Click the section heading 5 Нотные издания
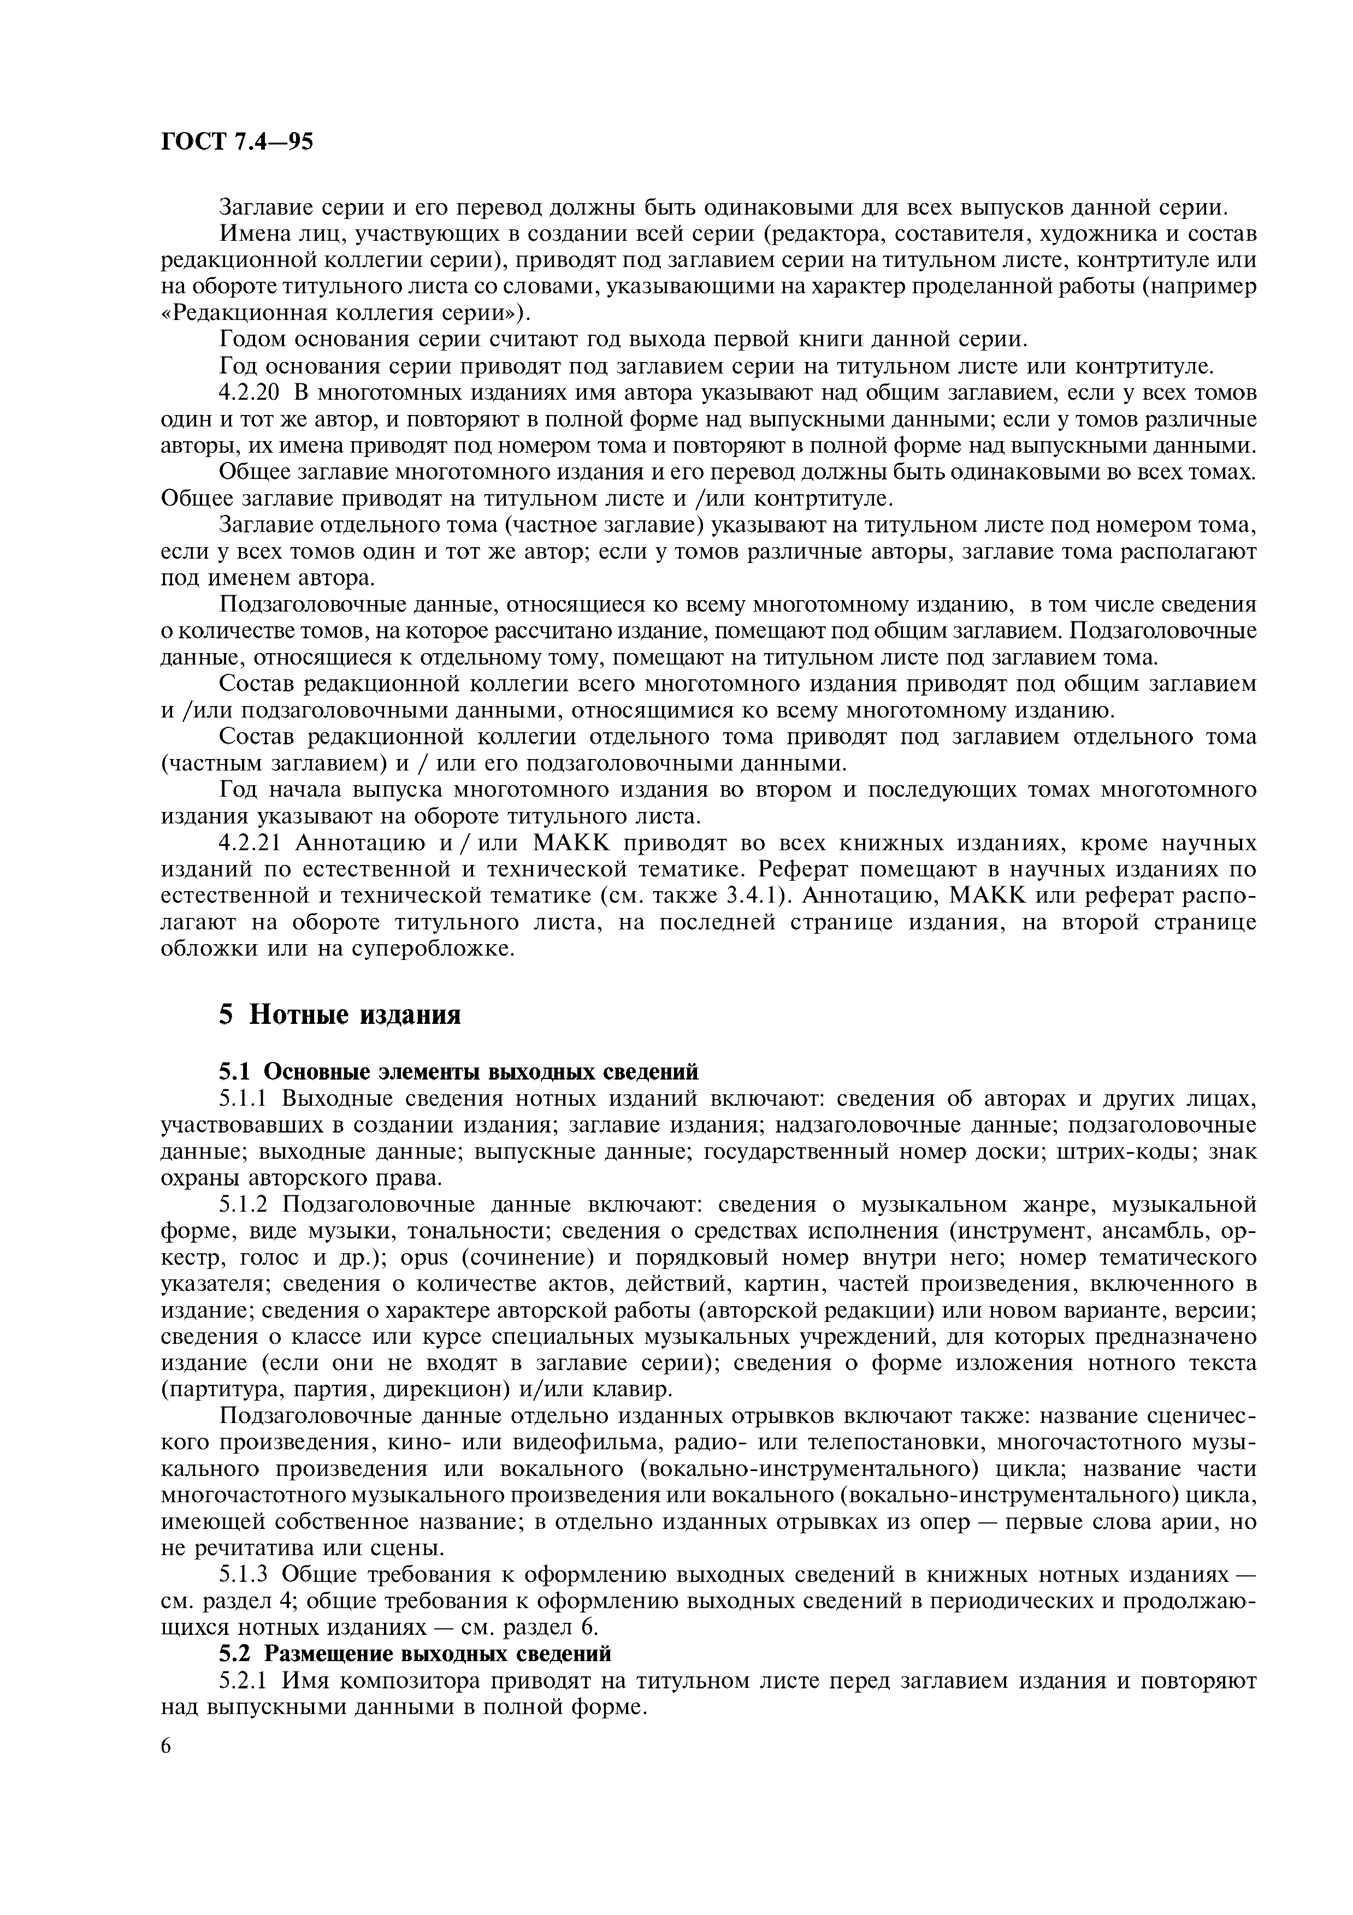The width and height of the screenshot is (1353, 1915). [340, 1014]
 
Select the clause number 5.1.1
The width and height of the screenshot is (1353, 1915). [247, 1098]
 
